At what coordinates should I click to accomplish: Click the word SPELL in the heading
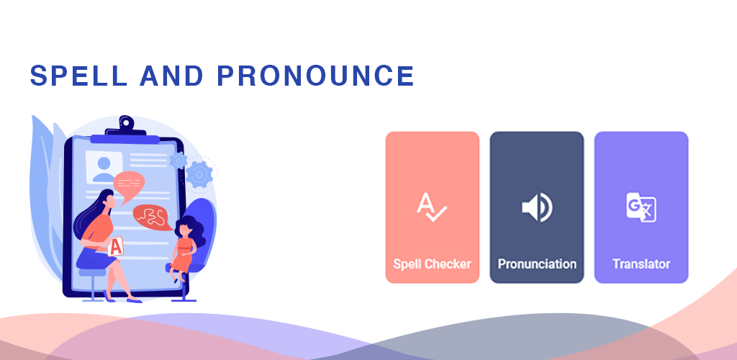pyautogui.click(x=79, y=76)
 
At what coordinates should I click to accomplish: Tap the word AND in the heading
pyautogui.click(x=171, y=76)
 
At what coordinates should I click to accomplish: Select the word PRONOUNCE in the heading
pyautogui.click(x=316, y=76)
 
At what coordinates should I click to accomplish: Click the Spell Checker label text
pyautogui.click(x=432, y=264)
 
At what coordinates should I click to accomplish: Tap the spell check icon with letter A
pyautogui.click(x=432, y=207)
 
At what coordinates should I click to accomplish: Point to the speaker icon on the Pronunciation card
pyautogui.click(x=537, y=207)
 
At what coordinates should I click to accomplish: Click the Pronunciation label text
pyautogui.click(x=537, y=264)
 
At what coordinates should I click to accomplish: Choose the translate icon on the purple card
pyautogui.click(x=641, y=207)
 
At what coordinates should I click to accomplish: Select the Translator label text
pyautogui.click(x=641, y=264)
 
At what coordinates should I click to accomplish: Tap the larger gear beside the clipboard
pyautogui.click(x=199, y=175)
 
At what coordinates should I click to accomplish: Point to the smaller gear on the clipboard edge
pyautogui.click(x=178, y=161)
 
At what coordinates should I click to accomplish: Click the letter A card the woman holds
pyautogui.click(x=116, y=246)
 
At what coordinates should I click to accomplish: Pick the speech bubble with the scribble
pyautogui.click(x=152, y=217)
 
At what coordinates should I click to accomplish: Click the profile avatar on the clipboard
pyautogui.click(x=104, y=168)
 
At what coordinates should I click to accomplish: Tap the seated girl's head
pyautogui.click(x=185, y=229)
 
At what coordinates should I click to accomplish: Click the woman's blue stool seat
pyautogui.click(x=93, y=272)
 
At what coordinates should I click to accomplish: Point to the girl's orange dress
pyautogui.click(x=182, y=256)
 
